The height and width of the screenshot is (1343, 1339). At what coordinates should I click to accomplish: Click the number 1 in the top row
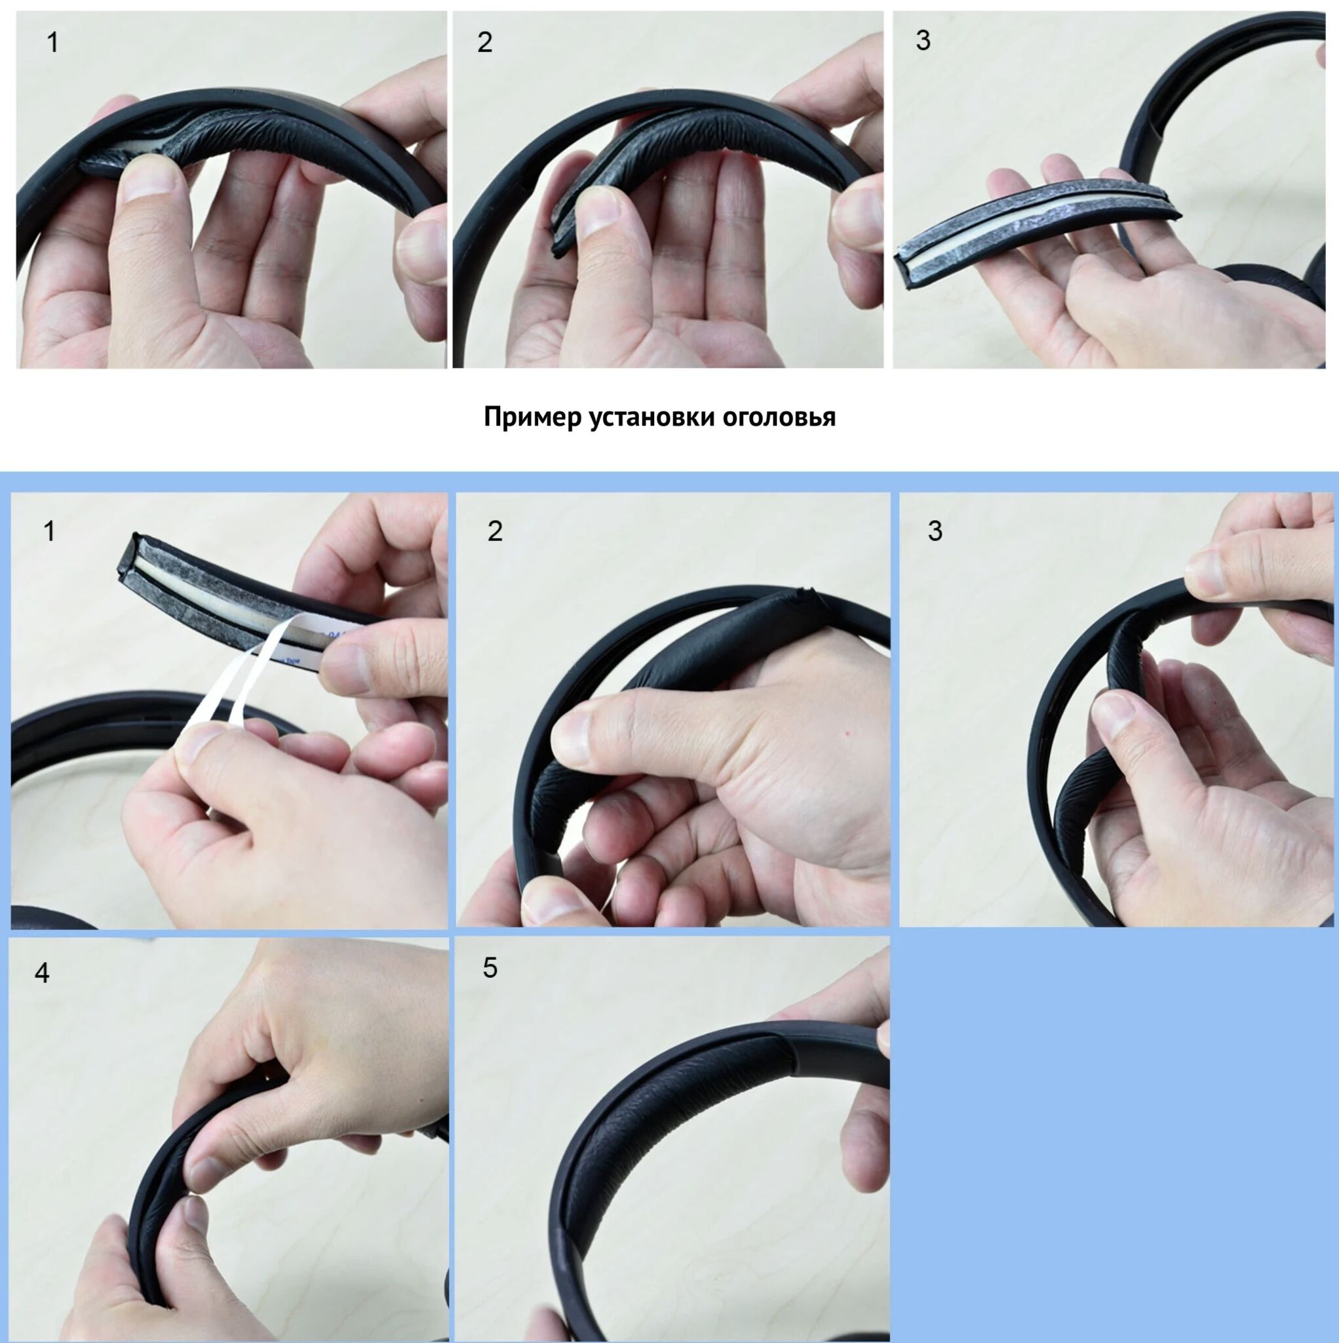[52, 43]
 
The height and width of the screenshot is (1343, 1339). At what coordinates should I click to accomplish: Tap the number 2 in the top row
[485, 43]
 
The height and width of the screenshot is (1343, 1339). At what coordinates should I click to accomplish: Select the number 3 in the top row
[923, 40]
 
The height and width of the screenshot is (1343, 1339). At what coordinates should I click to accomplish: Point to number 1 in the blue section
[49, 531]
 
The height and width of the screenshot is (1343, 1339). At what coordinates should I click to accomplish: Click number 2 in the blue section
[495, 531]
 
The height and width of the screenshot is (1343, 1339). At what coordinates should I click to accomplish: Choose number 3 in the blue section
[935, 531]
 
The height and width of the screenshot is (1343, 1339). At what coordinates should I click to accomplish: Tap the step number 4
[43, 973]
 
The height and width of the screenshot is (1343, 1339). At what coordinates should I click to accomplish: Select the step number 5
[490, 968]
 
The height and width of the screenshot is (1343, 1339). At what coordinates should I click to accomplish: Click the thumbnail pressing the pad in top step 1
[149, 177]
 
